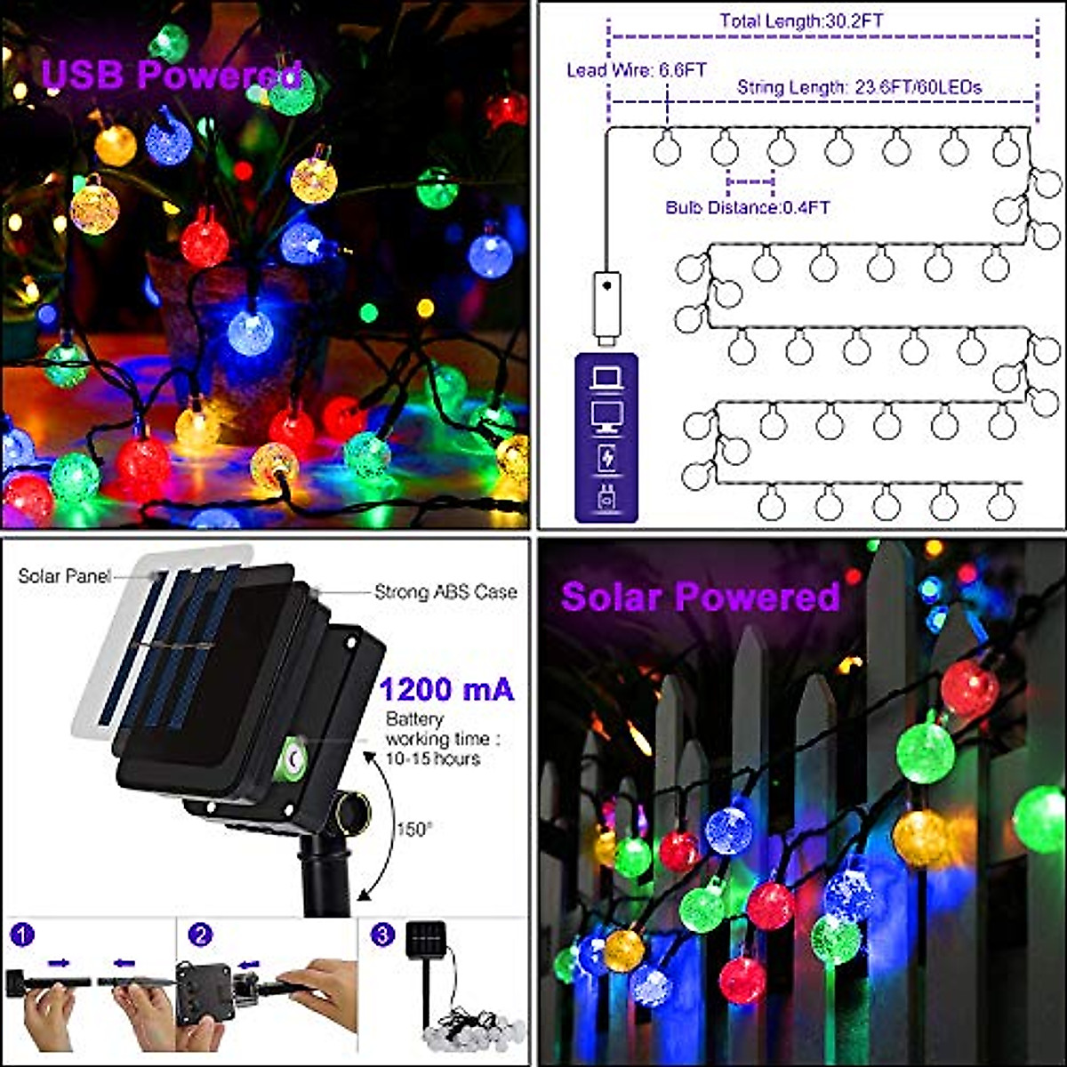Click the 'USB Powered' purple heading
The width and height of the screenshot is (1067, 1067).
tap(172, 76)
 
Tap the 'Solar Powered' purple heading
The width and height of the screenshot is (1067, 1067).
tap(700, 596)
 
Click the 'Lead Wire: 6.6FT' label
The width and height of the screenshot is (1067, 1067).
tap(637, 70)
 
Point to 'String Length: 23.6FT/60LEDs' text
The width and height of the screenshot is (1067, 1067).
tap(859, 87)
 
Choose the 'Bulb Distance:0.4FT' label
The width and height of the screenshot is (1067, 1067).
tap(748, 207)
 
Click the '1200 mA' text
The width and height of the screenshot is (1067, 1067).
tap(446, 689)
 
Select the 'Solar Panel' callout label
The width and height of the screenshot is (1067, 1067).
tap(64, 576)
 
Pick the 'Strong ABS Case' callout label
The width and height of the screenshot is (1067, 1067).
tap(445, 591)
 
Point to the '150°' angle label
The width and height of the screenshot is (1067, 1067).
tap(414, 828)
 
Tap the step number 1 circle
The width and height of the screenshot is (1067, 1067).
tap(22, 935)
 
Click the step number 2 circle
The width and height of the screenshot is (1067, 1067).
tap(201, 935)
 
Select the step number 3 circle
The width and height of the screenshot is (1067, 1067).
tap(382, 935)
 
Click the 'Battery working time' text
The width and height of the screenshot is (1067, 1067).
tap(436, 739)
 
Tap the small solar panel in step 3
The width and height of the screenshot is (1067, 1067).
tap(426, 941)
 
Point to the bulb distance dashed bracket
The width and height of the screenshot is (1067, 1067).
tap(750, 182)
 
